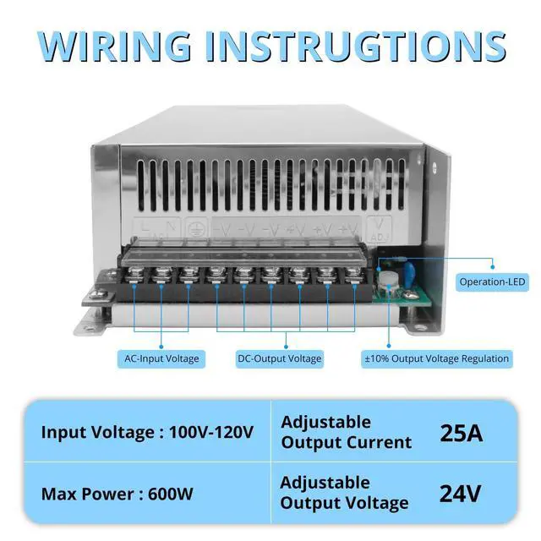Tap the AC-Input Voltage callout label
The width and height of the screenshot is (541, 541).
[161, 358]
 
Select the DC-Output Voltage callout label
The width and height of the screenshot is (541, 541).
[280, 358]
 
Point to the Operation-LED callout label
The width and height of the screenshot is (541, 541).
[491, 281]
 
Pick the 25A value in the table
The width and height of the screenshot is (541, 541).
[462, 433]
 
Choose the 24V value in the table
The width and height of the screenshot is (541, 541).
[462, 493]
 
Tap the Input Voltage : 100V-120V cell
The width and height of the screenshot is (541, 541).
[147, 433]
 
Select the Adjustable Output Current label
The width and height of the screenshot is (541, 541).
[346, 432]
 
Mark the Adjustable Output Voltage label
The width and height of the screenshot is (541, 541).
[344, 493]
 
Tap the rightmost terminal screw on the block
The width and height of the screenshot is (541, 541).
[349, 274]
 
